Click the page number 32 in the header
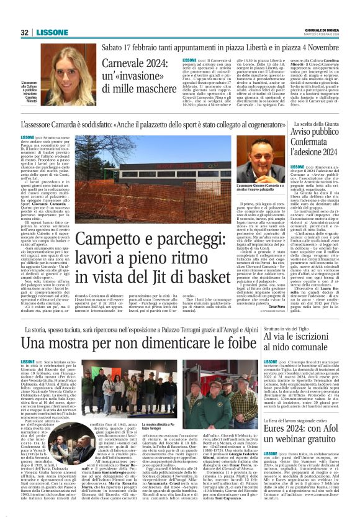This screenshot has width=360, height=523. (x=25, y=32)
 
